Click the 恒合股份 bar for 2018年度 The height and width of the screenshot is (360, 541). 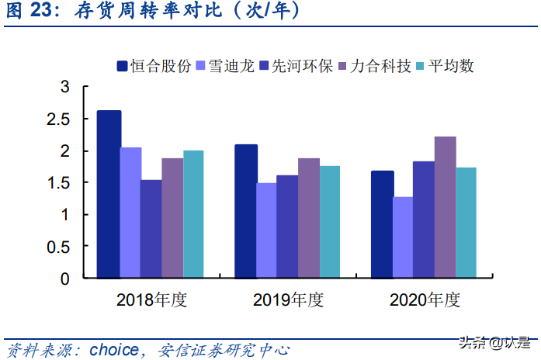click(x=109, y=194)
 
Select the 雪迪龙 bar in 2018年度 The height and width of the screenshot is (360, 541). click(x=130, y=213)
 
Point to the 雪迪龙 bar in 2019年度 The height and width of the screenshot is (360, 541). click(x=266, y=230)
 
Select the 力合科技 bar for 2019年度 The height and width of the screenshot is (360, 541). click(x=309, y=218)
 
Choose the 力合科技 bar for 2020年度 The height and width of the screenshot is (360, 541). click(x=445, y=207)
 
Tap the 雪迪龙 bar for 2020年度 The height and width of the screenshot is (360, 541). click(x=403, y=237)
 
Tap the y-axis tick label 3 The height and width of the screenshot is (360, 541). click(x=65, y=87)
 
